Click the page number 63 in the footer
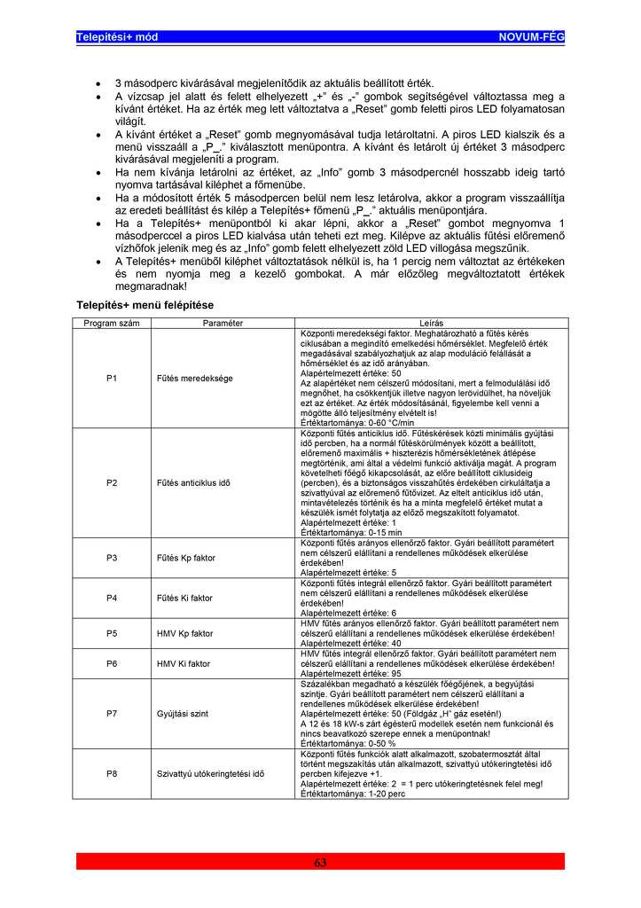pyautogui.click(x=320, y=863)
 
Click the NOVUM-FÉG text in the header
pyautogui.click(x=531, y=36)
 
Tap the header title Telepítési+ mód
pyautogui.click(x=117, y=36)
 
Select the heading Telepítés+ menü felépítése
pyautogui.click(x=145, y=305)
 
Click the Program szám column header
pyautogui.click(x=112, y=324)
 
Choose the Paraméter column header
pyautogui.click(x=223, y=324)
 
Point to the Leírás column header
pyautogui.click(x=433, y=324)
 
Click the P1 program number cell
pyautogui.click(x=112, y=378)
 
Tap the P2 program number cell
pyautogui.click(x=112, y=482)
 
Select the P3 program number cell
pyautogui.click(x=112, y=558)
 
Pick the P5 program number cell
pyautogui.click(x=112, y=634)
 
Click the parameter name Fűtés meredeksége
pyautogui.click(x=194, y=378)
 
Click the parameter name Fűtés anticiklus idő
pyautogui.click(x=193, y=482)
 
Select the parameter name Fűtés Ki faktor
pyautogui.click(x=184, y=598)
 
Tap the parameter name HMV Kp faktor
pyautogui.click(x=184, y=634)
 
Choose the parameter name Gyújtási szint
pyautogui.click(x=182, y=712)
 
